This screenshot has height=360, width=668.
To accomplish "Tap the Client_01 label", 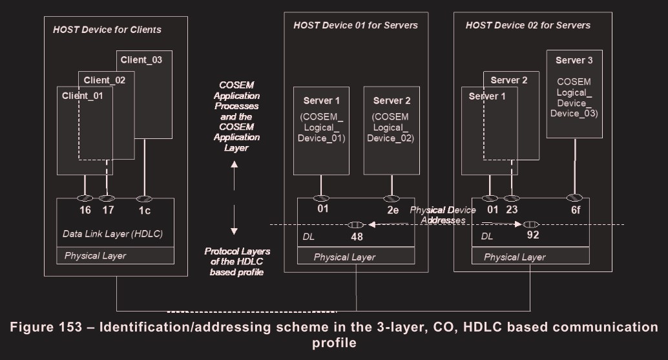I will point(83,96).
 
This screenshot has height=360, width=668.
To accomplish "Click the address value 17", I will point(107,210).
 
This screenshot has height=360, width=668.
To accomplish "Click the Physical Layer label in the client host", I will point(95,255).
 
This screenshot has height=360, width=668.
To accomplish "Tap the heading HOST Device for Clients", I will point(107,29).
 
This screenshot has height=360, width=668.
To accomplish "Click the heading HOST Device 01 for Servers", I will point(355,25).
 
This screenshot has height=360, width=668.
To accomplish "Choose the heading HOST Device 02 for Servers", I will point(528,25).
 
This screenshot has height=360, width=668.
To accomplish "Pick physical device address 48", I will point(357,237).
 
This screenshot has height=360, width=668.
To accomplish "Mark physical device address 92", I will point(533,235).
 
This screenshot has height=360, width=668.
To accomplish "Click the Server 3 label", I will point(574,60).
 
